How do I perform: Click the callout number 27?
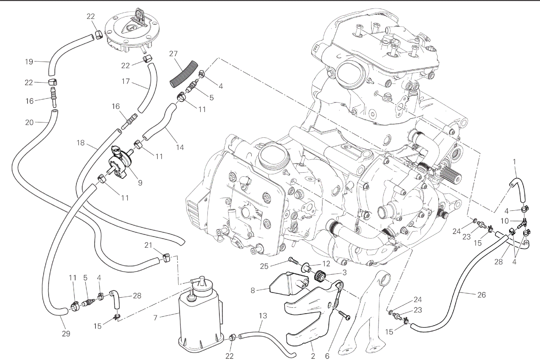pyautogui.click(x=174, y=53)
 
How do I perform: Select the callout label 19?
pyautogui.click(x=29, y=61)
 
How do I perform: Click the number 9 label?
pyautogui.click(x=140, y=183)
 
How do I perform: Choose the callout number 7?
pyautogui.click(x=155, y=318)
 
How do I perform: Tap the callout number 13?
pyautogui.click(x=263, y=316)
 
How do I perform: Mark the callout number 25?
pyautogui.click(x=264, y=266)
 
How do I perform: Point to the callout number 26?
pyautogui.click(x=481, y=295)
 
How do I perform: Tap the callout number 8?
pyautogui.click(x=253, y=290)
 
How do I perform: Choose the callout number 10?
pyautogui.click(x=505, y=221)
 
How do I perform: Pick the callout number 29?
pyautogui.click(x=66, y=334)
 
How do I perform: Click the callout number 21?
pyautogui.click(x=148, y=245)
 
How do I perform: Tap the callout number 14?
pyautogui.click(x=180, y=147)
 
